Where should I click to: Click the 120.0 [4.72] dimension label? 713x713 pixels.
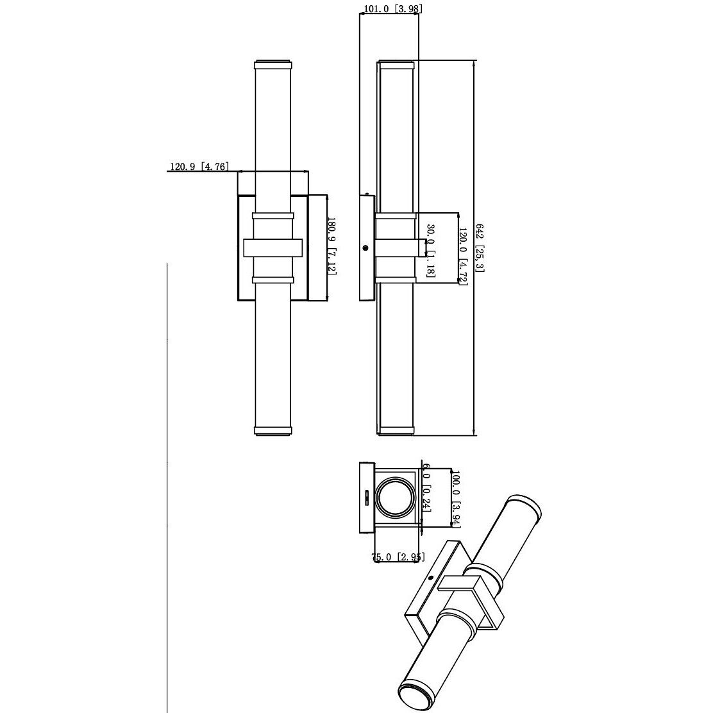(462, 248)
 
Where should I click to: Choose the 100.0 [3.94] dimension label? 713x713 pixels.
(457, 498)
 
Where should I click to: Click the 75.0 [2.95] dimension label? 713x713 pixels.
(398, 557)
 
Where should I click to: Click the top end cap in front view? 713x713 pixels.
(274, 65)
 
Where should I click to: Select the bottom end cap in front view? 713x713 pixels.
(274, 430)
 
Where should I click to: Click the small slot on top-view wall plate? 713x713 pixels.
(367, 497)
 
